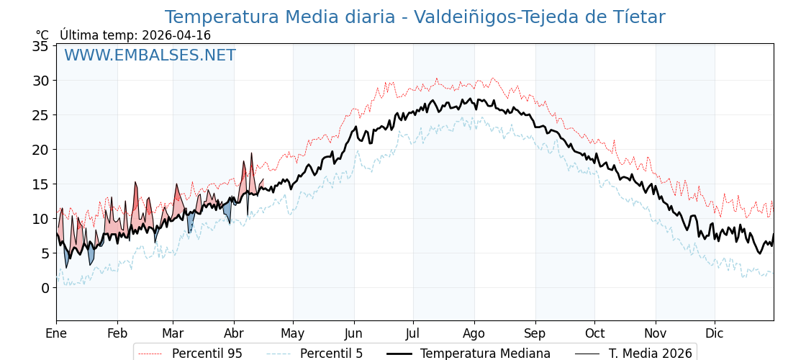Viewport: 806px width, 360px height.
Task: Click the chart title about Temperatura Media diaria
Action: pyautogui.click(x=415, y=17)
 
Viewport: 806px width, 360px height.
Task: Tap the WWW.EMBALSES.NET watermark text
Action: pyautogui.click(x=150, y=55)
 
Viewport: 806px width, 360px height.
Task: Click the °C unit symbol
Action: pyautogui.click(x=42, y=35)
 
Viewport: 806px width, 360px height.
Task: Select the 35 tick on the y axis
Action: pyautogui.click(x=40, y=46)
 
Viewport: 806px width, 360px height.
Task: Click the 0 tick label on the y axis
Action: pyautogui.click(x=45, y=288)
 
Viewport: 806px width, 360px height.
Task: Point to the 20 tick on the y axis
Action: pyautogui.click(x=40, y=150)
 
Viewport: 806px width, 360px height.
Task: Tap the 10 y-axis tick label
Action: pyautogui.click(x=40, y=219)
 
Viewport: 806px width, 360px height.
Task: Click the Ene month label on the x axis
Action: pyautogui.click(x=56, y=333)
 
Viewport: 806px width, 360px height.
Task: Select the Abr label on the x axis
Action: pyautogui.click(x=234, y=333)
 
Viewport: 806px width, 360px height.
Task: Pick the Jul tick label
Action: pyautogui.click(x=413, y=333)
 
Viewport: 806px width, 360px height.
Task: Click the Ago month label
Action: pyautogui.click(x=474, y=333)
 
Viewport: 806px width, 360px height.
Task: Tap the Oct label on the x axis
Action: pyautogui.click(x=594, y=333)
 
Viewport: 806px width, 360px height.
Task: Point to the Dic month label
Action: pyautogui.click(x=715, y=333)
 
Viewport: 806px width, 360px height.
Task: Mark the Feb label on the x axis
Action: pyautogui.click(x=117, y=333)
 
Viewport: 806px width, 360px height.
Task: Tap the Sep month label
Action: pyautogui.click(x=535, y=333)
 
